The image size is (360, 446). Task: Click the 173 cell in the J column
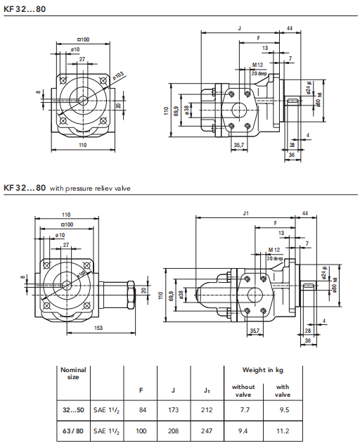173,410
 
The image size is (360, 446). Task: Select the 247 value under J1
207,431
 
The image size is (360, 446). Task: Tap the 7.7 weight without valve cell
245,410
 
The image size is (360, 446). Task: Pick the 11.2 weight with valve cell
283,431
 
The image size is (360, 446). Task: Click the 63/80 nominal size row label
73,431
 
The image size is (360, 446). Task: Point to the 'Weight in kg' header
263,370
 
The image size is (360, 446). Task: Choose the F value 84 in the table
143,410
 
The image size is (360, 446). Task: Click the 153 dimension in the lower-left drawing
98,328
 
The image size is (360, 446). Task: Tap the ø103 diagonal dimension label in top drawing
118,76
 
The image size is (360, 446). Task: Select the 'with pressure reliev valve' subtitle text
90,189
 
